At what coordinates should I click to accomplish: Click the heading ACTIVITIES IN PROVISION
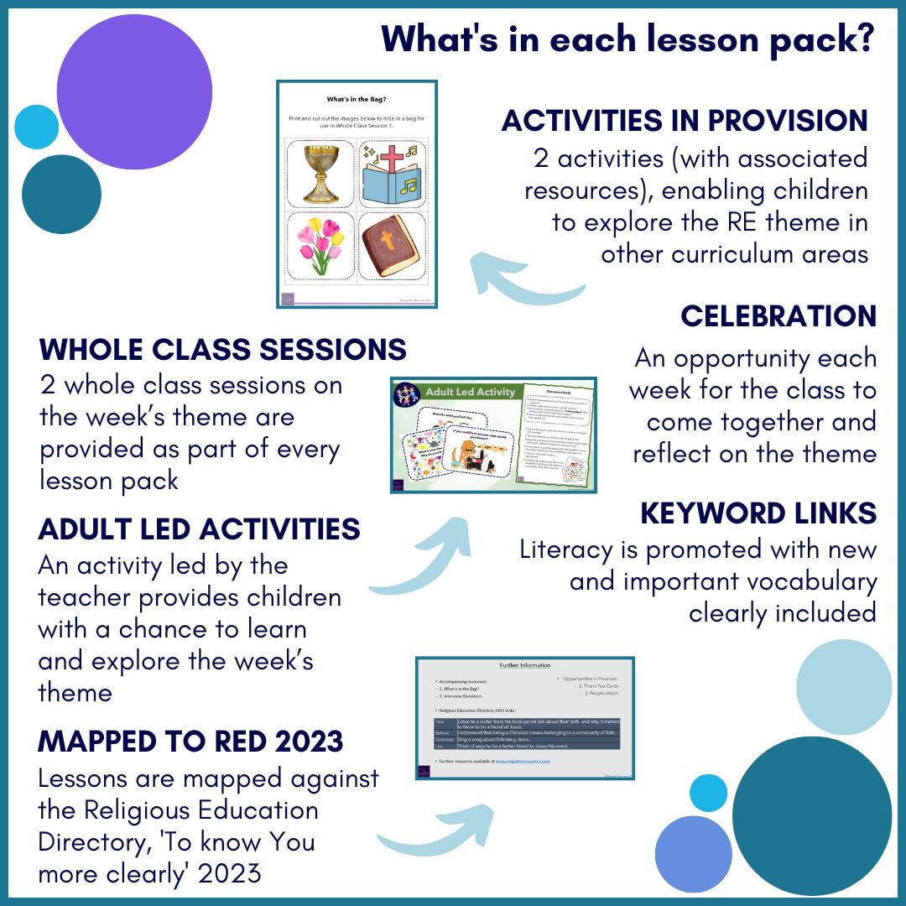click(685, 121)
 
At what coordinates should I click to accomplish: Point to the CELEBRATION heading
click(778, 316)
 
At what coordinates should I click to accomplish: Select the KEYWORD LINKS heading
click(758, 513)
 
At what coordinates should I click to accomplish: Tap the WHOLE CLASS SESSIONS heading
click(223, 349)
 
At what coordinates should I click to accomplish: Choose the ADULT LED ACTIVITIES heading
click(200, 529)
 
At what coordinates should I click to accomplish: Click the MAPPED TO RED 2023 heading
click(191, 741)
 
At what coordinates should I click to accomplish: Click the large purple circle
click(135, 92)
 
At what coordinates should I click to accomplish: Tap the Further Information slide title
click(524, 664)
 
